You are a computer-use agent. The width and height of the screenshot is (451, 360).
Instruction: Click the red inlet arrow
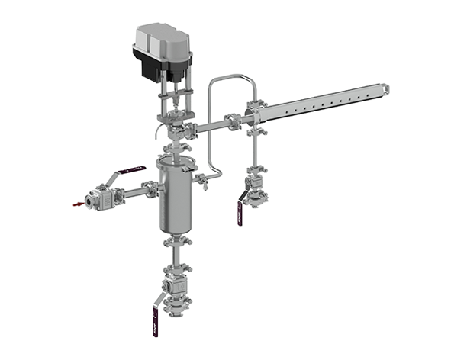[x=78, y=204]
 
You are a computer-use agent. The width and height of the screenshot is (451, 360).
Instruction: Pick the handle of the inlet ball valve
[x=126, y=168]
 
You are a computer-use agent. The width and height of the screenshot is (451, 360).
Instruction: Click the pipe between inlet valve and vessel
[x=137, y=191]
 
